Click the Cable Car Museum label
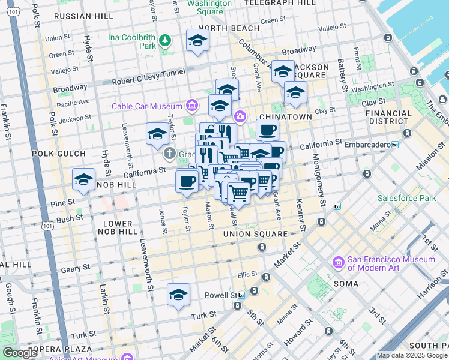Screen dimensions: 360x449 [x=148, y=106]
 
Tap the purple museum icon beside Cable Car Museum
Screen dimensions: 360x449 [x=192, y=106]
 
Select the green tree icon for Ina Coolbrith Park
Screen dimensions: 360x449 [x=165, y=41]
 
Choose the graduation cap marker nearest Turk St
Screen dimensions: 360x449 [x=178, y=295]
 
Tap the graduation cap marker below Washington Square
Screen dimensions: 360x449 [x=197, y=41]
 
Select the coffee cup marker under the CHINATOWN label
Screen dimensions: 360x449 [x=267, y=130]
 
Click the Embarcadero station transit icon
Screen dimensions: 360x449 [x=394, y=145]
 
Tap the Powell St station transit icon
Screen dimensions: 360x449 [x=241, y=295]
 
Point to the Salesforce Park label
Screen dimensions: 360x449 [x=405, y=197]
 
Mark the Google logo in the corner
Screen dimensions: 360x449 [x=20, y=353]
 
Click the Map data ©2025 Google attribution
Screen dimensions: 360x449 [x=411, y=355]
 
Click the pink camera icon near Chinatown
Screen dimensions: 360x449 [x=240, y=116]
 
